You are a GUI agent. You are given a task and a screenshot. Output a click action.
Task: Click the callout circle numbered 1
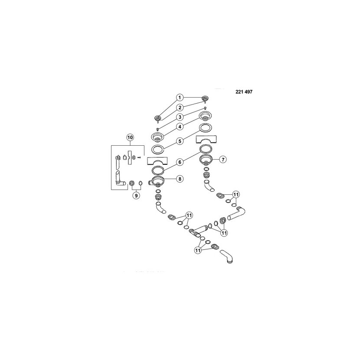[x=180, y=98]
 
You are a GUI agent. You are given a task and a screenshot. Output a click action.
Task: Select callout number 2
[x=180, y=108]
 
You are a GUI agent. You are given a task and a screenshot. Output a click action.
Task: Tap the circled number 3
[x=180, y=117]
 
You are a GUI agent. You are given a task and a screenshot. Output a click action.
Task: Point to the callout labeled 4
[x=180, y=127]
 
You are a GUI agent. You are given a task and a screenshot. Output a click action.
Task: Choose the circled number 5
[x=180, y=141]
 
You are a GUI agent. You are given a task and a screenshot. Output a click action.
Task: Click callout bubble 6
[x=180, y=162]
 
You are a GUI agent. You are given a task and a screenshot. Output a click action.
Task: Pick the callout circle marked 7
[x=223, y=159]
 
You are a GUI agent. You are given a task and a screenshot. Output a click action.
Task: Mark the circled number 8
[x=180, y=179]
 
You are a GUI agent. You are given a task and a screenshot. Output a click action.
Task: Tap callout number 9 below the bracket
[x=136, y=196]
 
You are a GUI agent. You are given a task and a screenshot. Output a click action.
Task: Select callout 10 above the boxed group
[x=130, y=137]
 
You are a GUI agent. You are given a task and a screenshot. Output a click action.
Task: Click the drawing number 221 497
[x=244, y=92]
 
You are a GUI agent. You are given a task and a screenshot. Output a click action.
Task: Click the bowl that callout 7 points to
[x=206, y=159]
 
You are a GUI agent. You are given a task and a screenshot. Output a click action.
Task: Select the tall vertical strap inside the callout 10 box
[x=130, y=157]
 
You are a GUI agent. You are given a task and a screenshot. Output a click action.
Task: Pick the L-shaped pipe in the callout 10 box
[x=119, y=179]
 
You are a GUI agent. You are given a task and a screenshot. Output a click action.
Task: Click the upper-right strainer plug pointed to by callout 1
[x=205, y=99]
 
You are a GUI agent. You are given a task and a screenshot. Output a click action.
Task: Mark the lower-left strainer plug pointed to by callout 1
[x=157, y=118]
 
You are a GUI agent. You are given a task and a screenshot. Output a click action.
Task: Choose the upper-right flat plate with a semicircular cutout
[x=206, y=140]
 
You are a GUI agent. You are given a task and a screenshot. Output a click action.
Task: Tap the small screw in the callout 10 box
[x=139, y=157]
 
